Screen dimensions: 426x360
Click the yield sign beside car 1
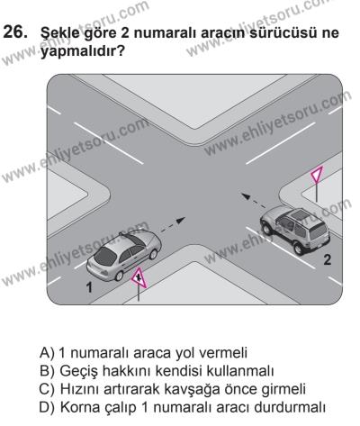(137, 282)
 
